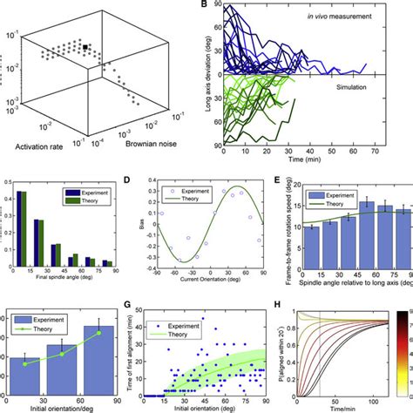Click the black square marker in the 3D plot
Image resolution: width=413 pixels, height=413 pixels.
[x=86, y=45]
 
